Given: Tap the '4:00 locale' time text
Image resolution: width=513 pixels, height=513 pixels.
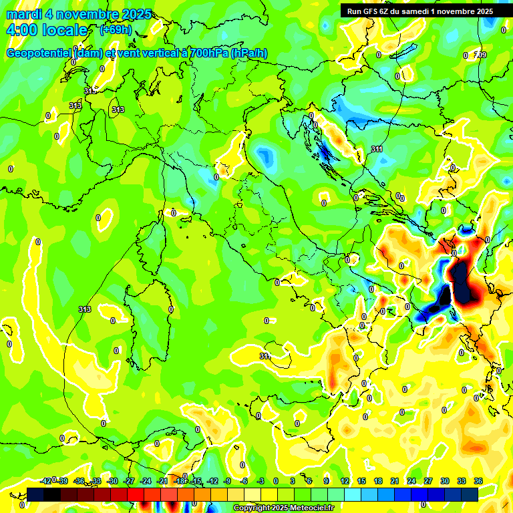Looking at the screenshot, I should (47, 30).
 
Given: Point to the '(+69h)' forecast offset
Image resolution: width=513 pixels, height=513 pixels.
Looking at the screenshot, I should (116, 29).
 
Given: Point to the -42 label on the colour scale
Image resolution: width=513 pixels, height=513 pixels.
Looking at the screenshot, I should (46, 481).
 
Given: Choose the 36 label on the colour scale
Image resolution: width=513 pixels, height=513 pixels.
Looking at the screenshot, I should (479, 481).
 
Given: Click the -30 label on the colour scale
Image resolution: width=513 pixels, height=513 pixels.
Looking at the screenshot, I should (113, 481).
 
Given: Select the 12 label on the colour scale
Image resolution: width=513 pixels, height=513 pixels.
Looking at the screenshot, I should (344, 481).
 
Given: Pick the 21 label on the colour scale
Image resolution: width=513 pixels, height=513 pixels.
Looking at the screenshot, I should (395, 481).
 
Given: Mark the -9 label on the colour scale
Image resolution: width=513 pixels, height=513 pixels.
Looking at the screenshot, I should (227, 481).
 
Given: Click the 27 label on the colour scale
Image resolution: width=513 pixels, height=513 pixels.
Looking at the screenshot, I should (428, 481).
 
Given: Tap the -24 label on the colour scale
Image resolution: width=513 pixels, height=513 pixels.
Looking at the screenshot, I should (146, 481).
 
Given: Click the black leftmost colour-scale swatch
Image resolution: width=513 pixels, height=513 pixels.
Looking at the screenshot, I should (35, 494).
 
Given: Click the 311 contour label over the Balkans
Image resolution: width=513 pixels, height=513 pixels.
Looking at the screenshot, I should (377, 149).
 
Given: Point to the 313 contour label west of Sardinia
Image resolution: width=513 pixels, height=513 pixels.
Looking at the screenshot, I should (84, 309).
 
